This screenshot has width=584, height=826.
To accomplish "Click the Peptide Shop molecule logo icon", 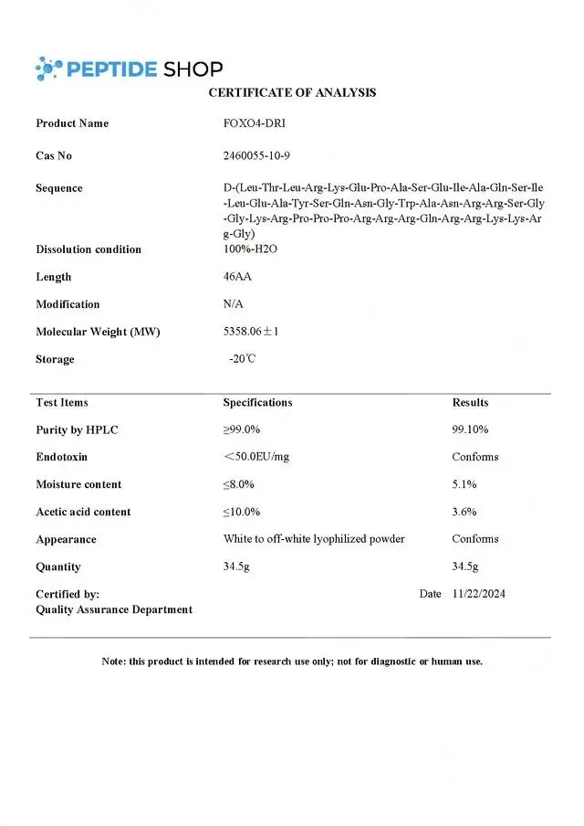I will [x=49, y=68].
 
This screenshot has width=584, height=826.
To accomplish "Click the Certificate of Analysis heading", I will [x=292, y=92].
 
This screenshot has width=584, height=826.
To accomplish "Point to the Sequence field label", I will [x=59, y=188].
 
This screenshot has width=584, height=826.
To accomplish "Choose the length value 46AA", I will [x=237, y=277].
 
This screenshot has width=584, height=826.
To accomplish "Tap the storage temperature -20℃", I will [x=243, y=359].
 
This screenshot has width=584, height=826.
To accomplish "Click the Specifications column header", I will [x=257, y=402].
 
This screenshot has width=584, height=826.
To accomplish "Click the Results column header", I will [x=470, y=402].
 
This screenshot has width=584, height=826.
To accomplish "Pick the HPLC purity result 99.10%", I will [x=470, y=429].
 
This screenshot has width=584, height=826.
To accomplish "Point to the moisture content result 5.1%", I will [x=464, y=484].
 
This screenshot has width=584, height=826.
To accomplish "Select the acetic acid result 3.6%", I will [x=464, y=512].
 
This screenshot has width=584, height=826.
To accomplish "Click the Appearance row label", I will [x=66, y=539].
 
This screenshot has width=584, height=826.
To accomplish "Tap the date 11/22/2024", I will [x=478, y=594].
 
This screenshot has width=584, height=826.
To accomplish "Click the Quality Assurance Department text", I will [x=114, y=609].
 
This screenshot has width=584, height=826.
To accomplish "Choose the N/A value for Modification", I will [x=234, y=304].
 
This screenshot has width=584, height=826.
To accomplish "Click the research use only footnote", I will [x=292, y=661].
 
